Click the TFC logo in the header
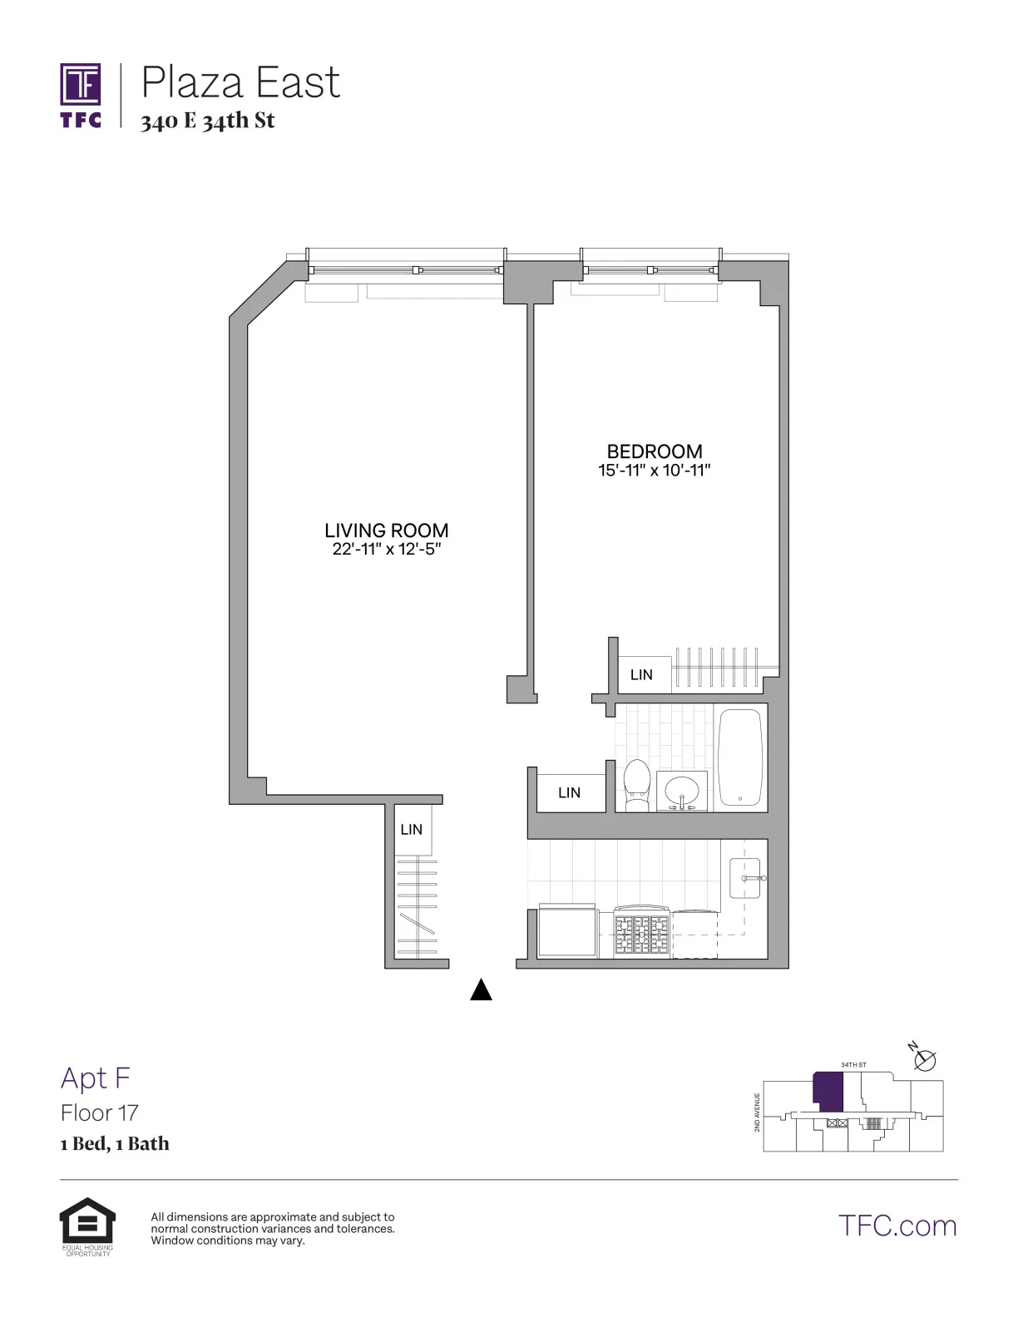[x=81, y=95]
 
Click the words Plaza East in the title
[x=240, y=83]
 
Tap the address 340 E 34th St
[x=207, y=121]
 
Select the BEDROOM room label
[x=654, y=451]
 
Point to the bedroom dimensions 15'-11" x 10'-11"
[x=654, y=471]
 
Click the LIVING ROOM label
[x=386, y=530]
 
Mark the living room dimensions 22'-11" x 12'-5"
[x=386, y=549]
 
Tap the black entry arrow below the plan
[x=481, y=989]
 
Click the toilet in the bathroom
[x=637, y=784]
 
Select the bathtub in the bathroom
[x=739, y=757]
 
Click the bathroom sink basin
[x=682, y=789]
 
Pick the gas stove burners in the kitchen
[x=641, y=934]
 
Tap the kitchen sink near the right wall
[x=745, y=878]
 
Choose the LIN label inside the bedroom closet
[x=641, y=674]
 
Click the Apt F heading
[x=96, y=1078]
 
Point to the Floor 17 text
[x=99, y=1112]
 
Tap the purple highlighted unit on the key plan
[x=828, y=1091]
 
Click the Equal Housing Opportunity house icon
[x=87, y=1221]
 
